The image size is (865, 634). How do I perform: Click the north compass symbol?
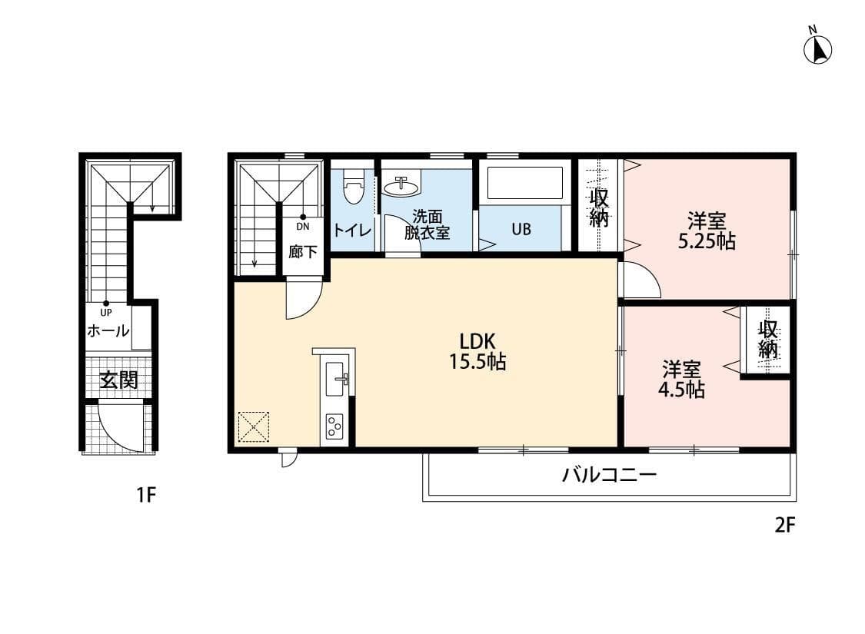coord(818,49)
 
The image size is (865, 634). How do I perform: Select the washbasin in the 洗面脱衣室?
coord(401,186)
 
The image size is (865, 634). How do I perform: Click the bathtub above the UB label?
coord(525,183)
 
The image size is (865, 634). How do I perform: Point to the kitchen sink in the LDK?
coord(335,378)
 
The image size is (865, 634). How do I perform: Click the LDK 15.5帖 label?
coord(477,351)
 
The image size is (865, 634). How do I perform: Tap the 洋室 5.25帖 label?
coord(706,231)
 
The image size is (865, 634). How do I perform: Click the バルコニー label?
coord(609,475)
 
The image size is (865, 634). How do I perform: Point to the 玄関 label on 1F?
coord(118,380)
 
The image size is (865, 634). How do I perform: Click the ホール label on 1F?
coord(108,332)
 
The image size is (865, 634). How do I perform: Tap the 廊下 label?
coord(303,251)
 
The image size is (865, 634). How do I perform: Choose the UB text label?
coord(521,230)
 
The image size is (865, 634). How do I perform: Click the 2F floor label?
coord(783,526)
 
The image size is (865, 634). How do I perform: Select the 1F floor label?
coord(146,495)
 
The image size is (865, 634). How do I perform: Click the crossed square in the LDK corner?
coord(254,427)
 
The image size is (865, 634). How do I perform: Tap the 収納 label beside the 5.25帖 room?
coord(599,207)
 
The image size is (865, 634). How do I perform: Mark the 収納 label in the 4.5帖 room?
coord(767,340)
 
